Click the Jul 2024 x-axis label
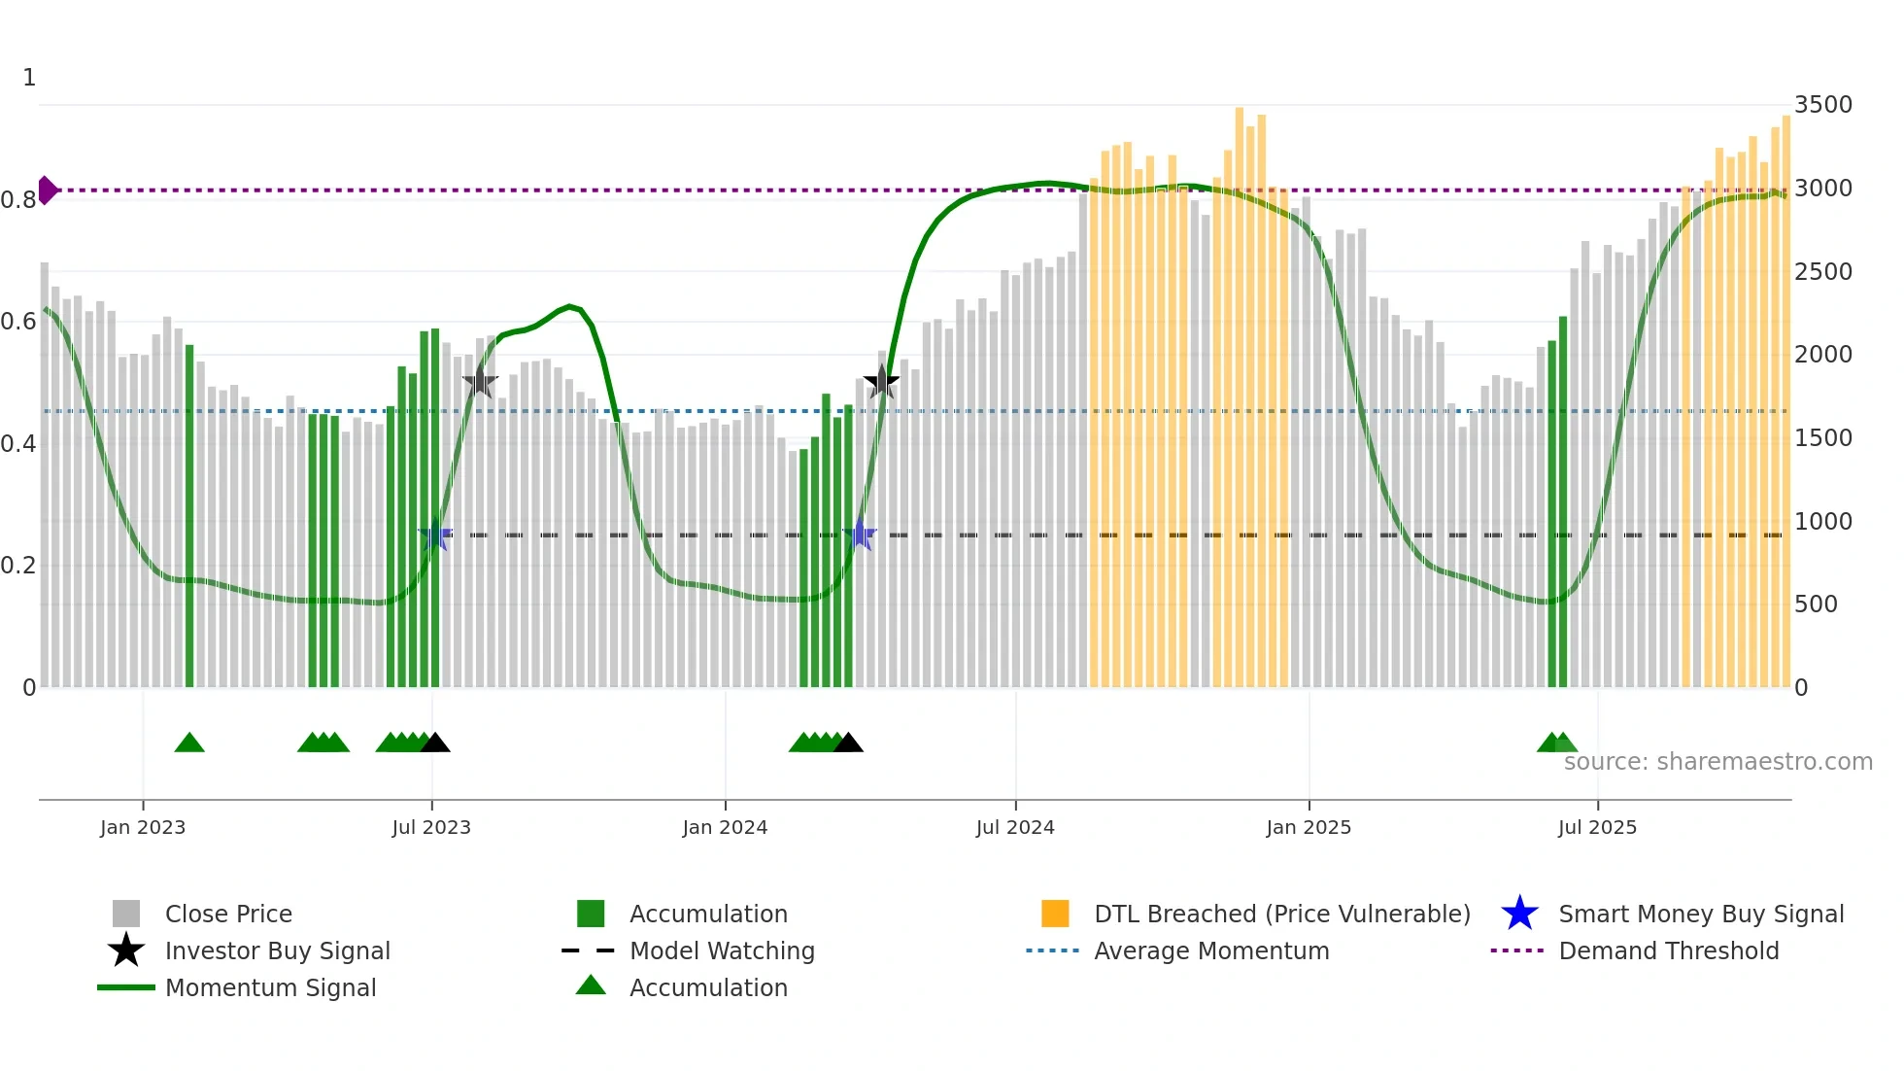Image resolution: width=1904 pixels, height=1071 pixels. tap(1015, 827)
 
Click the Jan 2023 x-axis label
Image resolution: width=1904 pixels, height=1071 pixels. tap(143, 827)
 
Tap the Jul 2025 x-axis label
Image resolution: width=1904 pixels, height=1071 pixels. tap(1597, 827)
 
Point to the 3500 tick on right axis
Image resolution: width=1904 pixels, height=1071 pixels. tap(1822, 105)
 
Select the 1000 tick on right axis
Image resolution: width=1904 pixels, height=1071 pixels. tap(1822, 522)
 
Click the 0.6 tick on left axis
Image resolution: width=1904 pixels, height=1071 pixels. tap(19, 322)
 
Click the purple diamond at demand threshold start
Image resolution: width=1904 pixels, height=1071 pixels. tap(47, 190)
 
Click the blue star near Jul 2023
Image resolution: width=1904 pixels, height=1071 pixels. tap(435, 535)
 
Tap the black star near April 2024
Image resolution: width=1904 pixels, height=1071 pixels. tap(881, 381)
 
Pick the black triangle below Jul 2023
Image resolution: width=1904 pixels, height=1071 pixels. tap(435, 743)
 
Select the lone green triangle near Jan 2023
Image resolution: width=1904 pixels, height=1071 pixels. tap(189, 743)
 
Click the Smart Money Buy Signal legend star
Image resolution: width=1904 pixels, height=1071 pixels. tap(1519, 914)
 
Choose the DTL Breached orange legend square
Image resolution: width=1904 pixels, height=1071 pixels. tap(1055, 914)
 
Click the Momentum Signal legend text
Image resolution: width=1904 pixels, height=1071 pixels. tap(270, 987)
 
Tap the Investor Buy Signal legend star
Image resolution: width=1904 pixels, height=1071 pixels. tap(126, 950)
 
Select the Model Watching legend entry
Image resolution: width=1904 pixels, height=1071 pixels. tap(721, 950)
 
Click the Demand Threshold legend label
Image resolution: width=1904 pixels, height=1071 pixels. tap(1668, 950)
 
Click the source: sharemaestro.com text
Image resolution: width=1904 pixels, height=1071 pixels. tap(1717, 762)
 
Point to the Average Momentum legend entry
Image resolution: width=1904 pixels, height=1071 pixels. tap(1210, 950)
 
